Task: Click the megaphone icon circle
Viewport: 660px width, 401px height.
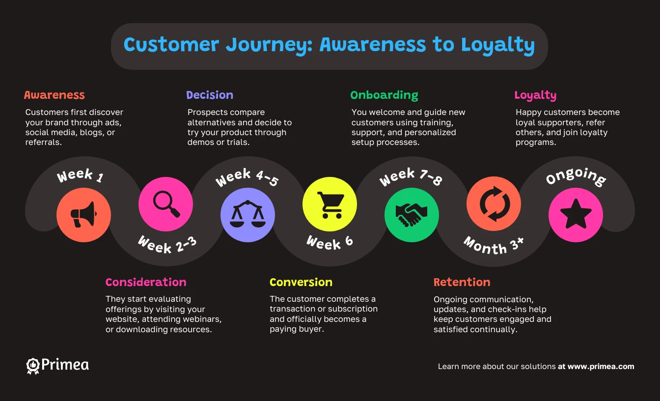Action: coord(83,215)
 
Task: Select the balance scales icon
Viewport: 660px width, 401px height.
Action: coord(247,215)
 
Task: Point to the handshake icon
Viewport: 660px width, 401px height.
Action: coord(412,215)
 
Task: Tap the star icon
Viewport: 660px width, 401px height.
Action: coord(576,215)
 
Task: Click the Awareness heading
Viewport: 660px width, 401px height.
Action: coord(55,95)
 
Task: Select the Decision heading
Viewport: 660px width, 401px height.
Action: coord(210,95)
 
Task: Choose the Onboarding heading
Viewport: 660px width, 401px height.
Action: coord(384,95)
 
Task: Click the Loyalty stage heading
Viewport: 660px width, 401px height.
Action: coord(535,95)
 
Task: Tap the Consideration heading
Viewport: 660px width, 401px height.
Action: coord(146,282)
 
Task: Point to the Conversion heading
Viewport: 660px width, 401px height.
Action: coord(301,282)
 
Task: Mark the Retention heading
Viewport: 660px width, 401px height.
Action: coord(462,282)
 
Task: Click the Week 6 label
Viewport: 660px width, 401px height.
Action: coord(330,242)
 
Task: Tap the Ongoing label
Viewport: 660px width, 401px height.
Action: coord(576,177)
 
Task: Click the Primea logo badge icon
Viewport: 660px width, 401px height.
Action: coord(32,366)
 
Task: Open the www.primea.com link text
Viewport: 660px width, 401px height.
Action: coord(601,367)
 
